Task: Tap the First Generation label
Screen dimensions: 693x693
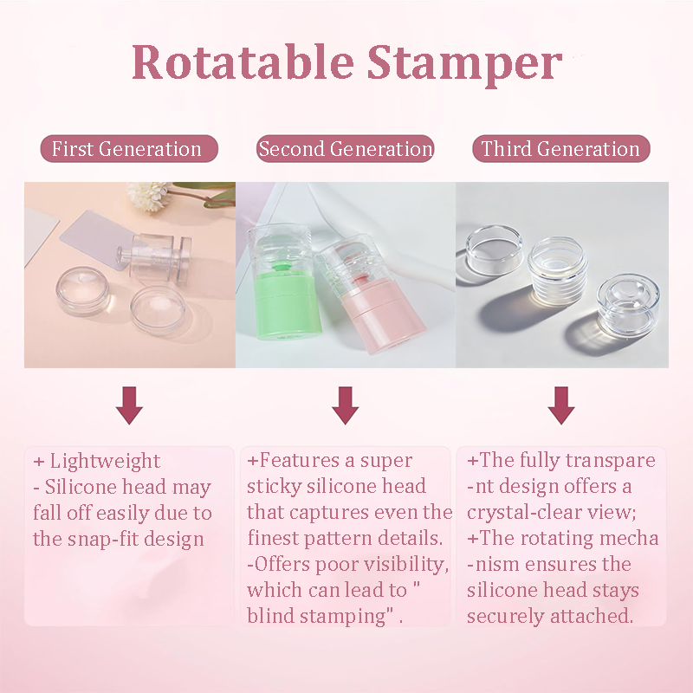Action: pyautogui.click(x=126, y=149)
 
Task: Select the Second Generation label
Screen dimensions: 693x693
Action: pyautogui.click(x=346, y=149)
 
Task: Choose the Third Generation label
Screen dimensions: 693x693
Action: pyautogui.click(x=560, y=149)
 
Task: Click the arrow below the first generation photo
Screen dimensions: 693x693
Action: pyautogui.click(x=129, y=405)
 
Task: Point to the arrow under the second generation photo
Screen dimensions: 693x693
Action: pyautogui.click(x=346, y=405)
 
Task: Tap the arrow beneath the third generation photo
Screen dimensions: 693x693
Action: pyautogui.click(x=561, y=405)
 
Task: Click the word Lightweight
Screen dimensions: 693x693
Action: pyautogui.click(x=105, y=461)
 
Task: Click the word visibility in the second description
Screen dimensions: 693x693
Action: pyautogui.click(x=399, y=565)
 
